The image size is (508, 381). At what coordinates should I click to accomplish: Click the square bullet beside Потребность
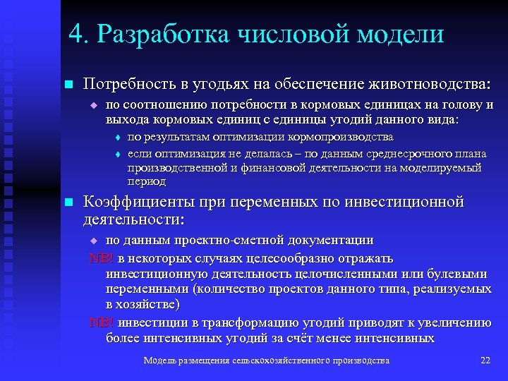68,85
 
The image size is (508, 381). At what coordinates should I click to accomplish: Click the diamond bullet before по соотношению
92,106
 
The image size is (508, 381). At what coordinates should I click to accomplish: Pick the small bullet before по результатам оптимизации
118,138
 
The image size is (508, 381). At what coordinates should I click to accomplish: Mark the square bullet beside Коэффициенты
68,202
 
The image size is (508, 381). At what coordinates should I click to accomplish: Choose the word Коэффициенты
138,202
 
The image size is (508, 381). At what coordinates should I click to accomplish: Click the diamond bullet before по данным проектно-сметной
92,241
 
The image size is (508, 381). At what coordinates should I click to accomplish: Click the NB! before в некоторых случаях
102,258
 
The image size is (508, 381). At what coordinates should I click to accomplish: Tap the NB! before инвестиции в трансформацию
102,322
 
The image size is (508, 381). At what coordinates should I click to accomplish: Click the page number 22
485,361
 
